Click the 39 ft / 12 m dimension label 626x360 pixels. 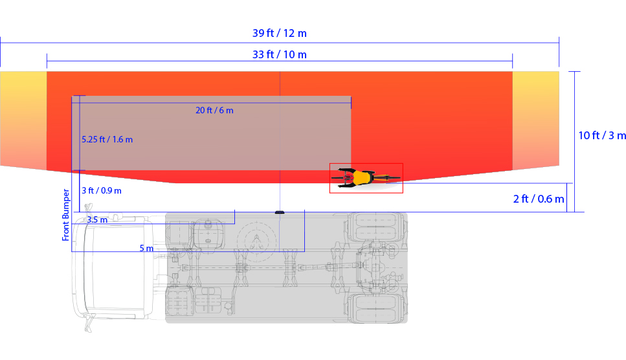coord(280,33)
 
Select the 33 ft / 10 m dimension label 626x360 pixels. coord(280,54)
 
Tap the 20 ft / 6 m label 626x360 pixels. coord(214,110)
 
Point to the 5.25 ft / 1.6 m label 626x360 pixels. coord(107,139)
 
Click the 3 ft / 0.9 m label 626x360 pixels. coord(102,190)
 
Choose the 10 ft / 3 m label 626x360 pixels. coord(602,135)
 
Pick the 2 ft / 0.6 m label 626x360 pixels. coord(539,198)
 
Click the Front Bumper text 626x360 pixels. coord(65,215)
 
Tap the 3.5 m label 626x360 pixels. coord(97,219)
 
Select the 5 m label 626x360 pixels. coord(146,248)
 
